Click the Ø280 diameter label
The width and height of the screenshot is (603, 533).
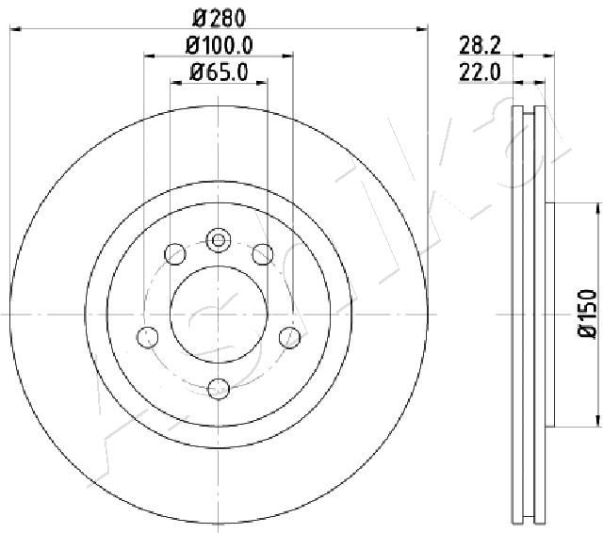click(219, 19)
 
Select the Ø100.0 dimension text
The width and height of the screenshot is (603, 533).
click(219, 45)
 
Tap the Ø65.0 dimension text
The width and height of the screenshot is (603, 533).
click(219, 72)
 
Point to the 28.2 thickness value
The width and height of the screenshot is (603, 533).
click(480, 46)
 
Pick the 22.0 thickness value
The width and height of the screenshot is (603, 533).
click(480, 73)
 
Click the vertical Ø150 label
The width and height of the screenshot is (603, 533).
click(588, 314)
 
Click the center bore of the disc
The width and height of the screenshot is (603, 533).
click(219, 315)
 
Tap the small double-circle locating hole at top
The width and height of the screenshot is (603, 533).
click(219, 240)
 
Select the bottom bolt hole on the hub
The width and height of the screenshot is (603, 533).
click(219, 389)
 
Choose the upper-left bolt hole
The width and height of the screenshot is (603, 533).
click(175, 254)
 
